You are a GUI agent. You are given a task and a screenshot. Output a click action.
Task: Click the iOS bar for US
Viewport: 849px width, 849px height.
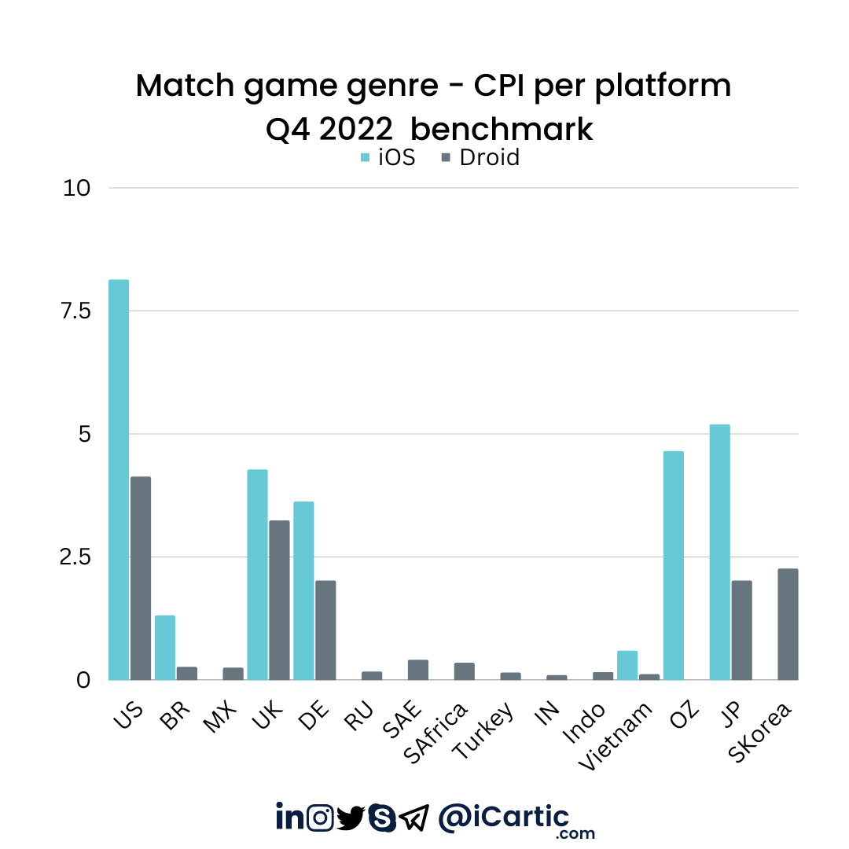[119, 480]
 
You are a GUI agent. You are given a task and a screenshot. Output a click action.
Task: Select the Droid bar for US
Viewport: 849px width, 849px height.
[141, 578]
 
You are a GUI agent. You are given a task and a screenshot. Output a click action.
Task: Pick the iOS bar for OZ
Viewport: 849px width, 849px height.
[674, 565]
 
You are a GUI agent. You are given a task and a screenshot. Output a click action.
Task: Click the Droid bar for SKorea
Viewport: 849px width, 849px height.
[788, 624]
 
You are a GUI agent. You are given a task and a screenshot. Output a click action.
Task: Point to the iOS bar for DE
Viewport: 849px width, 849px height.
[303, 590]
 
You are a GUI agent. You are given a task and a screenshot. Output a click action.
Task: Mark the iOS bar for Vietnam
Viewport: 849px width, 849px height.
[627, 665]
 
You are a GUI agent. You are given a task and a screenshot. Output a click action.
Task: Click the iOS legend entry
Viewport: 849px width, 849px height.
[388, 157]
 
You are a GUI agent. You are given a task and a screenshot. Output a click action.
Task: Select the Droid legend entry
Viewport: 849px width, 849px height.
[480, 157]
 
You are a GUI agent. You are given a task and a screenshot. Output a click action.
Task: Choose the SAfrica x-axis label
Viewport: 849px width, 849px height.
[436, 731]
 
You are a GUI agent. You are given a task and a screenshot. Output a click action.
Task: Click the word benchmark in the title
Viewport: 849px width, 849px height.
[502, 129]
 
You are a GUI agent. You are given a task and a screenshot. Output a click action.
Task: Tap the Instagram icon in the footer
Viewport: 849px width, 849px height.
[320, 818]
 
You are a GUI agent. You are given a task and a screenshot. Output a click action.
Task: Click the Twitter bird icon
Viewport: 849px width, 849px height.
[351, 818]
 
